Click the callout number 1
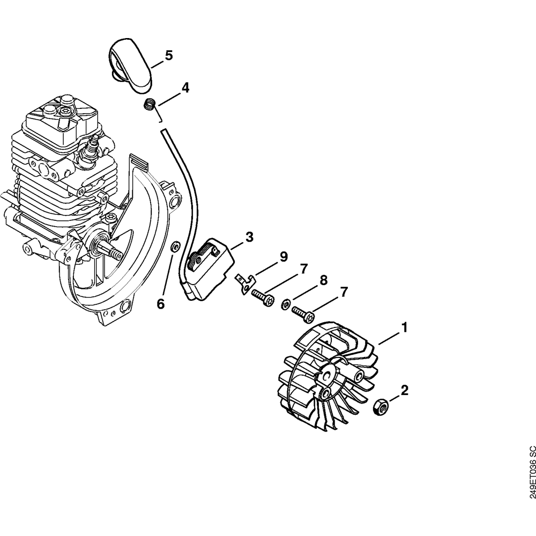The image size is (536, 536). (x=405, y=327)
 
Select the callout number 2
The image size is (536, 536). (x=405, y=390)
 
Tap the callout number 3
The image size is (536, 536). (x=249, y=237)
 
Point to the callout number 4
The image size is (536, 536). (x=185, y=88)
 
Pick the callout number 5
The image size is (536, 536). (x=169, y=55)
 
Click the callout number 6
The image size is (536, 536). (x=161, y=304)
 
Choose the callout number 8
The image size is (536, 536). (x=323, y=280)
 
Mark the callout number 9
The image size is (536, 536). (x=284, y=257)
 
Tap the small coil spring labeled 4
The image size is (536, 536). (x=150, y=105)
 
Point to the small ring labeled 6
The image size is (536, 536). (x=174, y=247)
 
